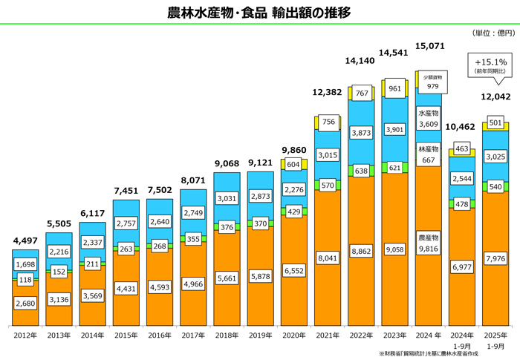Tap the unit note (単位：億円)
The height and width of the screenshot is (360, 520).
point(493,33)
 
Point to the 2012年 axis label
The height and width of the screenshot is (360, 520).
point(25,335)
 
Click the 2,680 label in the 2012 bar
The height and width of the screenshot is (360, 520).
point(25,304)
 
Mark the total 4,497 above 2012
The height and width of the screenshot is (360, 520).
point(25,240)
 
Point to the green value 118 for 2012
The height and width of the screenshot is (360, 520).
point(25,280)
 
